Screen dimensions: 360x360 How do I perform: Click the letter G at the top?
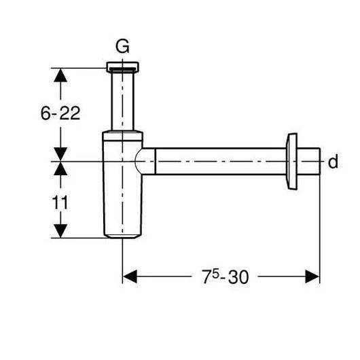[122, 47]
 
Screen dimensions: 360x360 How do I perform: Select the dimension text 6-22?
[60, 113]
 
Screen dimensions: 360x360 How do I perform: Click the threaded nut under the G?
[122, 68]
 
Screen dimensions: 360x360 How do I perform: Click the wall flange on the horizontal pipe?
[292, 162]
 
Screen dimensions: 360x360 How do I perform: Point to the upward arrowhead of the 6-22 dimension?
[61, 75]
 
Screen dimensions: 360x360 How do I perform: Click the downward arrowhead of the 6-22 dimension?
[61, 154]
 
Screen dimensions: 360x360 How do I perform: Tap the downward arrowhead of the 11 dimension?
[61, 230]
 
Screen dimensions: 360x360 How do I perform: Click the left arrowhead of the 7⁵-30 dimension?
[130, 276]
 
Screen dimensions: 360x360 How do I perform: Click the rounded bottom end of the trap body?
[122, 234]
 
